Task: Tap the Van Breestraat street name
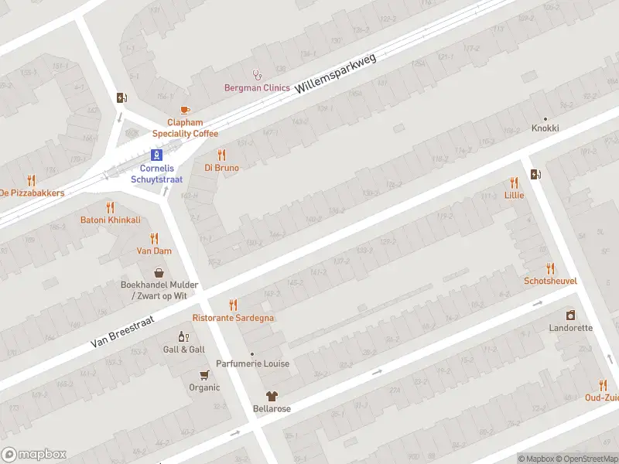click(x=122, y=330)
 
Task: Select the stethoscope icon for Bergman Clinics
click(x=257, y=75)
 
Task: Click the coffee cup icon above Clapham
click(x=184, y=111)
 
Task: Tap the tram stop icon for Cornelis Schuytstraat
click(x=156, y=155)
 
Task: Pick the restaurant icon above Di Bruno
click(x=221, y=155)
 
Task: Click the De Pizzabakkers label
click(x=31, y=193)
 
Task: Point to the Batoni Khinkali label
click(x=111, y=220)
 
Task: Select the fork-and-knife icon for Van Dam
click(x=154, y=238)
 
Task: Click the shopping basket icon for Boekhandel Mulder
click(x=159, y=272)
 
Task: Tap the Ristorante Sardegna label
click(x=233, y=318)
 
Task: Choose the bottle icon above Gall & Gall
click(x=183, y=336)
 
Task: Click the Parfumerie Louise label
click(x=252, y=363)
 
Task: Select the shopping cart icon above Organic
click(x=204, y=375)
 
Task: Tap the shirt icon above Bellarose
click(x=272, y=396)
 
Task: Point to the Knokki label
click(x=545, y=128)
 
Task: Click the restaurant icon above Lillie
click(x=514, y=183)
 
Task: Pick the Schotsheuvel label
click(x=550, y=281)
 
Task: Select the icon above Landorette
click(x=570, y=315)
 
